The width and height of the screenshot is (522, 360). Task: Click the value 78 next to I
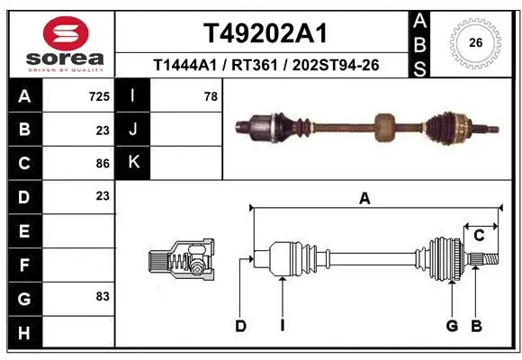click(210, 95)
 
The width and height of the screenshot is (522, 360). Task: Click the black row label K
click(132, 163)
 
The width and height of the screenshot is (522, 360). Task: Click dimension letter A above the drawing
click(364, 199)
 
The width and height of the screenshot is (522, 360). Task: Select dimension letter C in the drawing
click(479, 236)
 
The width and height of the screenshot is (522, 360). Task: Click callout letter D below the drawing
click(240, 326)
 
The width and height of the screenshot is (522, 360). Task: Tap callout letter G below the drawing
click(452, 326)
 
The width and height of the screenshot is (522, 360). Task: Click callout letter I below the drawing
click(282, 326)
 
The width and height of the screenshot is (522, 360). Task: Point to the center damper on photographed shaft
click(385, 126)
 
